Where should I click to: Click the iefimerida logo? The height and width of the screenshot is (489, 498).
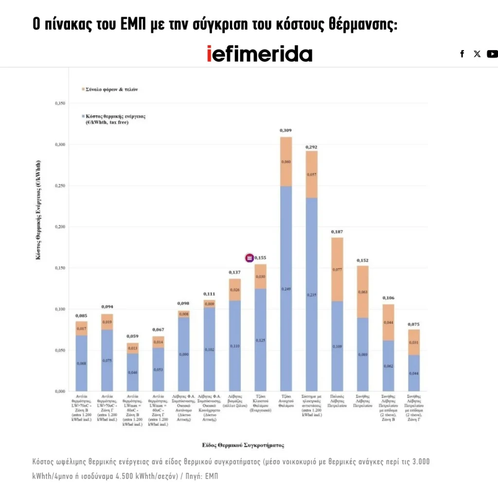(x=259, y=53)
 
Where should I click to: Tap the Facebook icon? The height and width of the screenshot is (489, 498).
(x=462, y=54)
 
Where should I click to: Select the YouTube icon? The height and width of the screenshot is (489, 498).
(x=492, y=54)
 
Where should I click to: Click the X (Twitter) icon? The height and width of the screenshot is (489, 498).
(x=477, y=54)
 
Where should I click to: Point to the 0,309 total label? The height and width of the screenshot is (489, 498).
(x=285, y=130)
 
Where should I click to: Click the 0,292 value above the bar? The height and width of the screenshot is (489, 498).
(x=311, y=146)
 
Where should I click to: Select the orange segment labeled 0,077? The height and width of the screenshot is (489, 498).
(x=337, y=269)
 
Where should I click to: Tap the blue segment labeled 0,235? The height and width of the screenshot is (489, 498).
(x=311, y=295)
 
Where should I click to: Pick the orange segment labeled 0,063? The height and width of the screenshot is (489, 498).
(x=363, y=292)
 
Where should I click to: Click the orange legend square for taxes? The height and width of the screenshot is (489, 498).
(x=82, y=90)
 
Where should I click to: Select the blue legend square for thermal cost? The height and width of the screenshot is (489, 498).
(x=82, y=117)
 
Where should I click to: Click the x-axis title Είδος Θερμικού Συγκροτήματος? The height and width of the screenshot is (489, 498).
(x=243, y=445)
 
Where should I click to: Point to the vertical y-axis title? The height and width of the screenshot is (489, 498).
(x=38, y=209)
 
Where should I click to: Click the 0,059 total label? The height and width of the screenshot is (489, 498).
(x=132, y=336)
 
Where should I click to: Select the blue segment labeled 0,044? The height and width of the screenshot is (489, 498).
(x=413, y=373)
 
